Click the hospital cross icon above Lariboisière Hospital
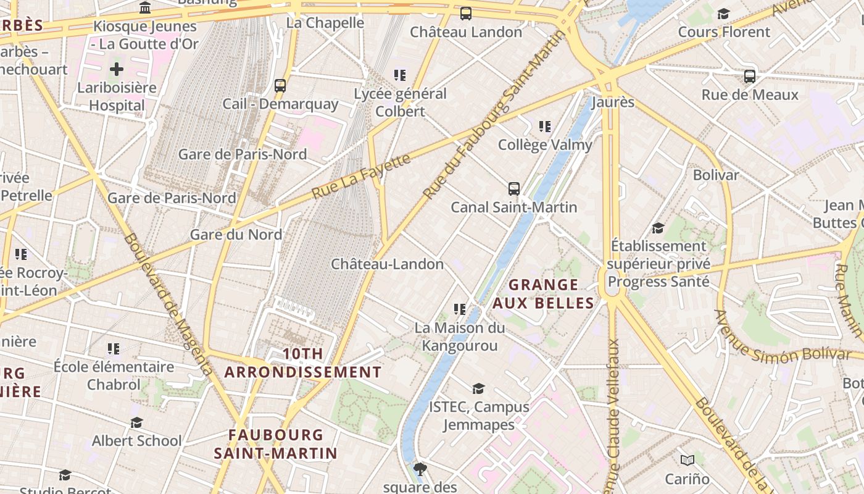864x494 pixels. (x=117, y=69)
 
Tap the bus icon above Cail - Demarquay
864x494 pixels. (x=280, y=85)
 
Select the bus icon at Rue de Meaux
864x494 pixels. (x=750, y=77)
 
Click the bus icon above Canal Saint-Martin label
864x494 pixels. (x=514, y=188)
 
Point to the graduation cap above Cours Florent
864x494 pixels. (x=724, y=14)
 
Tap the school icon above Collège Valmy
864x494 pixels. (x=545, y=127)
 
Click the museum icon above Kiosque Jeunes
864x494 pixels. (x=145, y=7)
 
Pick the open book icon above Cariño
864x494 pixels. (x=687, y=460)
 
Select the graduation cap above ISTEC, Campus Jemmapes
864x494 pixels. (x=478, y=388)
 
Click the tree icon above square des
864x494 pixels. (x=420, y=469)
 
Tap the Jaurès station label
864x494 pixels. (x=613, y=103)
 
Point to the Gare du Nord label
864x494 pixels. (x=236, y=235)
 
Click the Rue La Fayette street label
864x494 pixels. (x=361, y=177)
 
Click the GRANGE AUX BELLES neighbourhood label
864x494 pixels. (x=543, y=294)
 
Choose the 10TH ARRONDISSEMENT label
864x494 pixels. (x=303, y=363)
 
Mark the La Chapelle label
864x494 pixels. (x=325, y=23)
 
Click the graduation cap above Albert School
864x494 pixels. (x=136, y=422)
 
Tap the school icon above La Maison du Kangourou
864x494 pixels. (x=459, y=309)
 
